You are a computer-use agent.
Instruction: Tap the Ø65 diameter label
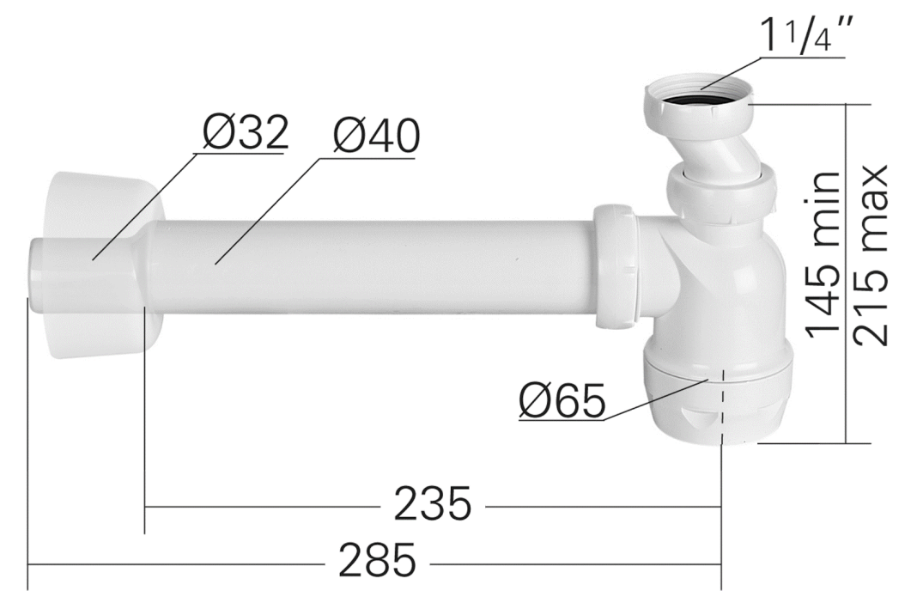pos(562,400)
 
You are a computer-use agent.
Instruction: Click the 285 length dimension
pos(376,562)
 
